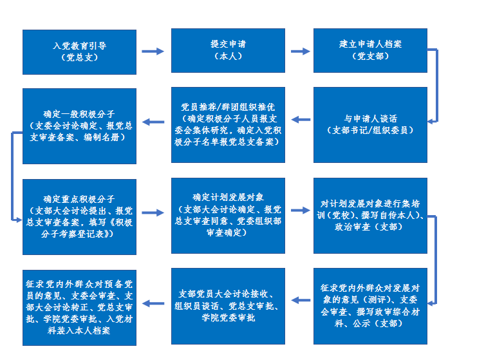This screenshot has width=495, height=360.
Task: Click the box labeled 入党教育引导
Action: [x=80, y=52]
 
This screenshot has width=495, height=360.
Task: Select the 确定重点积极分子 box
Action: [x=80, y=216]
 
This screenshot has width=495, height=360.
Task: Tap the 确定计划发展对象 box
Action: [x=228, y=214]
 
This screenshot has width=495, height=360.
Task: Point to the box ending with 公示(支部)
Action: [x=370, y=306]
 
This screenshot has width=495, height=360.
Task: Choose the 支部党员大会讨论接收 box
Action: [x=228, y=306]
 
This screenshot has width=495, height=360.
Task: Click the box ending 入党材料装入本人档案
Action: [x=80, y=306]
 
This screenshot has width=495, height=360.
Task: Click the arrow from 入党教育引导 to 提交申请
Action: [x=153, y=51]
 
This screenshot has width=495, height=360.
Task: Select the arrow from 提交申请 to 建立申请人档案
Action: [x=301, y=51]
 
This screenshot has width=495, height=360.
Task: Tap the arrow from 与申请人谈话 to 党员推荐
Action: [x=301, y=119]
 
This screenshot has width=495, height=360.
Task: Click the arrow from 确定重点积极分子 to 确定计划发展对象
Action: [x=153, y=212]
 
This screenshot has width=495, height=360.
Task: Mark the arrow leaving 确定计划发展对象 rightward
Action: [x=301, y=210]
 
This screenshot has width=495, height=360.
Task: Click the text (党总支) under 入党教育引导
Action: [x=80, y=58]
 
